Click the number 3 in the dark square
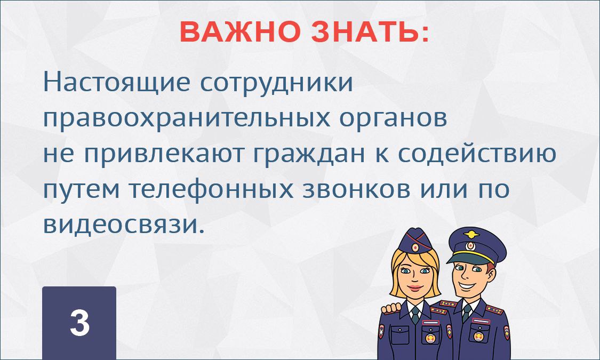click(79, 323)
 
